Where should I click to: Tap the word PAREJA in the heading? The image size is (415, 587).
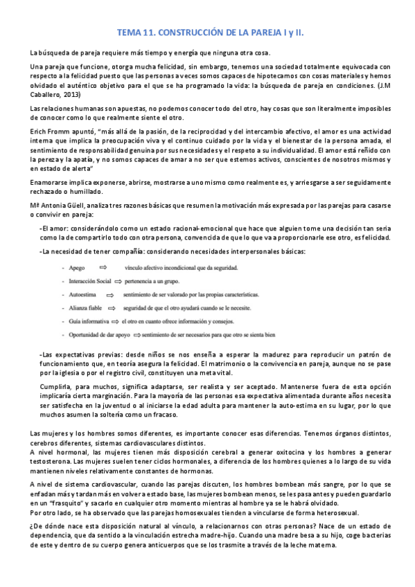(x=254, y=33)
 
